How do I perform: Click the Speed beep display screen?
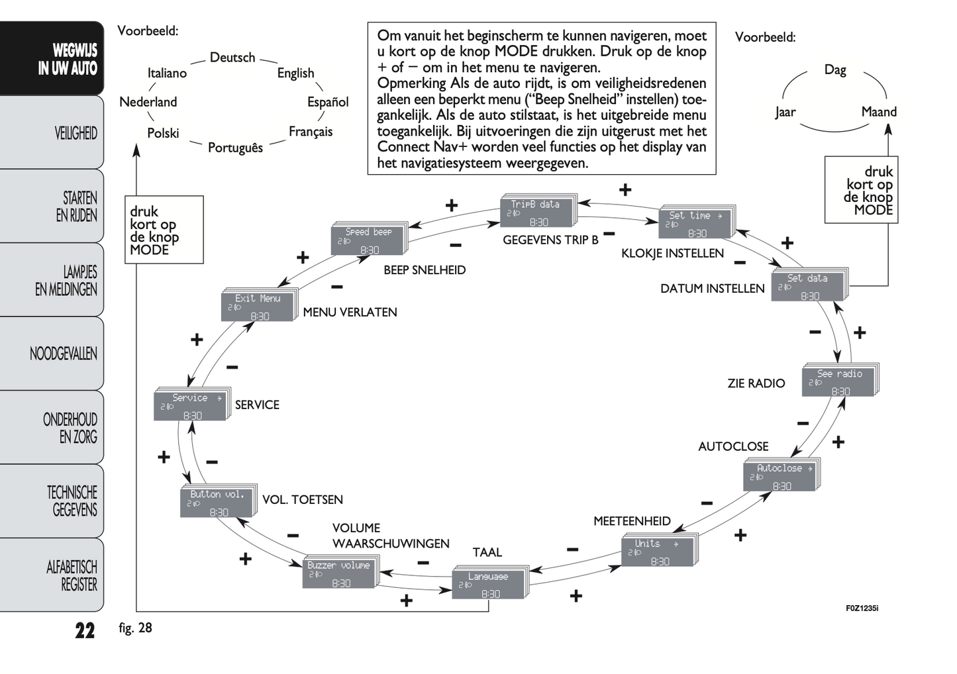coord(368,241)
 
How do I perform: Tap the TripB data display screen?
coord(537,213)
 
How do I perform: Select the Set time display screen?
coord(695,224)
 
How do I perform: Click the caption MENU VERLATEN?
coord(350,313)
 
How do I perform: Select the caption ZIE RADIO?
coord(756,383)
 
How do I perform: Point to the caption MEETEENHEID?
coord(632,521)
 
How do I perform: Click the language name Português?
coord(235,148)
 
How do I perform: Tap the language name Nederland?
coord(148,102)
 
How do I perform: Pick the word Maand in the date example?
coord(878,112)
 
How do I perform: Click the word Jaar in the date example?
coord(785,112)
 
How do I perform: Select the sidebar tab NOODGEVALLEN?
coord(63,354)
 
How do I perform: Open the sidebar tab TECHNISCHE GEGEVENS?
coord(72,501)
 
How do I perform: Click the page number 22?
coord(85,630)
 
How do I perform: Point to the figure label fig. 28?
coord(135,628)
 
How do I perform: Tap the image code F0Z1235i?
coord(862,608)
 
